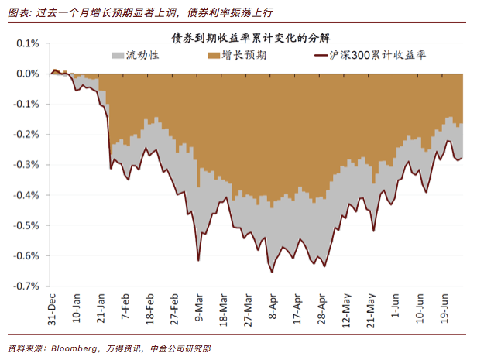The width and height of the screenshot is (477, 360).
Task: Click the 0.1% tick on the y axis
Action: (x=29, y=44)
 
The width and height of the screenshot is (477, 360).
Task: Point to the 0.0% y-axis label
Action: (x=29, y=74)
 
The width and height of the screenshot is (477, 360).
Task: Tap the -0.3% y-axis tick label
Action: (x=28, y=165)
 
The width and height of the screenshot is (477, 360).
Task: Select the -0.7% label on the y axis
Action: (x=28, y=286)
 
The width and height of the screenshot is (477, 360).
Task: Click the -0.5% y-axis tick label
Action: (x=28, y=225)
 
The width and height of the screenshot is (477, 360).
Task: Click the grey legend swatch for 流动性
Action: (x=118, y=56)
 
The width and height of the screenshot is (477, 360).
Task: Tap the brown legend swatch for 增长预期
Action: (x=212, y=56)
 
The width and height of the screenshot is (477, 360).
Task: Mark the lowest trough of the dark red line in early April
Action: (x=272, y=272)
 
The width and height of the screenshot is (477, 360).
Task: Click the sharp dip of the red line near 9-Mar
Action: (x=198, y=260)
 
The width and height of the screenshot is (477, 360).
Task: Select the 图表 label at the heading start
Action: (x=18, y=12)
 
